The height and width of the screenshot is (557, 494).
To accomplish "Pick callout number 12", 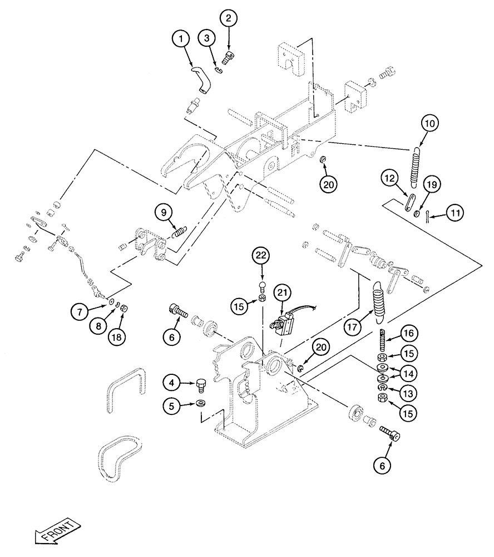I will click(389, 180).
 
